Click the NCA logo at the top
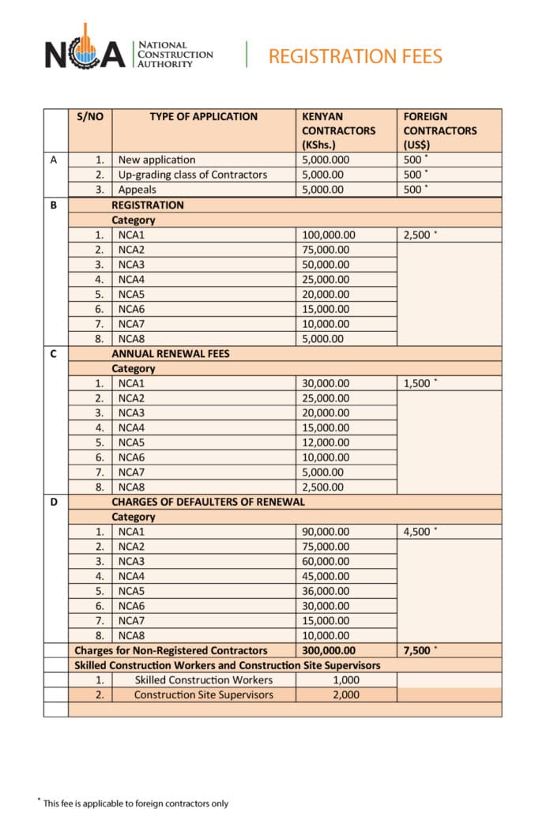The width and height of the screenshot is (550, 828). (x=85, y=54)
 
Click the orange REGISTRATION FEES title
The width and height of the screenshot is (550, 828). (x=355, y=56)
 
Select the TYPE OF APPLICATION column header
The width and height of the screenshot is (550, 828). (x=203, y=116)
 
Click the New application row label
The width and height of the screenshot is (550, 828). (x=156, y=160)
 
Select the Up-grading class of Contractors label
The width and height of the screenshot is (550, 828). (x=192, y=175)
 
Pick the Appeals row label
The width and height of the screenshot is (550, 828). (x=137, y=190)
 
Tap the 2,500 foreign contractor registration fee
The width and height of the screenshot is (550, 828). (x=419, y=235)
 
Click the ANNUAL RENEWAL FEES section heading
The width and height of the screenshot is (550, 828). (x=170, y=353)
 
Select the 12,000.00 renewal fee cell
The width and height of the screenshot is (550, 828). (x=326, y=442)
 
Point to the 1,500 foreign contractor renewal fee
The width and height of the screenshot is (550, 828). (x=419, y=383)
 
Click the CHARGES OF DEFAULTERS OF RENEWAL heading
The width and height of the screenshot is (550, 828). (x=208, y=502)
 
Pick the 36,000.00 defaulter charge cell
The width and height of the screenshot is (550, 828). (x=326, y=591)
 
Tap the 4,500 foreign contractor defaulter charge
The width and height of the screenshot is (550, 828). (x=419, y=532)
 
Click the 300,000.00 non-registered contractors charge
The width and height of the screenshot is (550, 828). (x=329, y=650)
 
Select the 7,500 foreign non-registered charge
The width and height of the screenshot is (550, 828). (x=419, y=650)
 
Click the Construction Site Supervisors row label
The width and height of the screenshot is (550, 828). (x=203, y=694)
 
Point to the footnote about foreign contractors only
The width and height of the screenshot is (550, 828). (x=135, y=804)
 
